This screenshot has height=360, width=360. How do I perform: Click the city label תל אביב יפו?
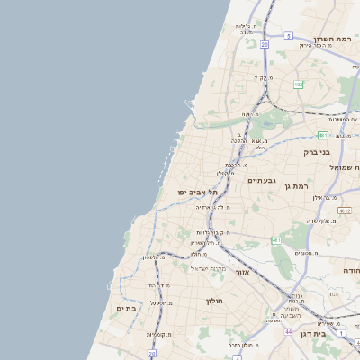pos(199,193)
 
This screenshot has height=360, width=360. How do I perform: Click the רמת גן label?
pos(308,185)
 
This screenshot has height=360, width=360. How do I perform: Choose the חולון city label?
pos(213,301)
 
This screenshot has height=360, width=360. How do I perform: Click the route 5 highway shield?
pos(289,36)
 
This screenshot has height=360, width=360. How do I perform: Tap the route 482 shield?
pos(298,85)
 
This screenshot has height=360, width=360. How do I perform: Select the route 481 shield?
pos(347,135)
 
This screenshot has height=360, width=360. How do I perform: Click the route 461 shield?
pos(276,241)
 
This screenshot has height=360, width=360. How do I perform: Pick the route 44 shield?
pos(289,332)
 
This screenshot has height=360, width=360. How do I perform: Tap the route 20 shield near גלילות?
pos(265,43)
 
